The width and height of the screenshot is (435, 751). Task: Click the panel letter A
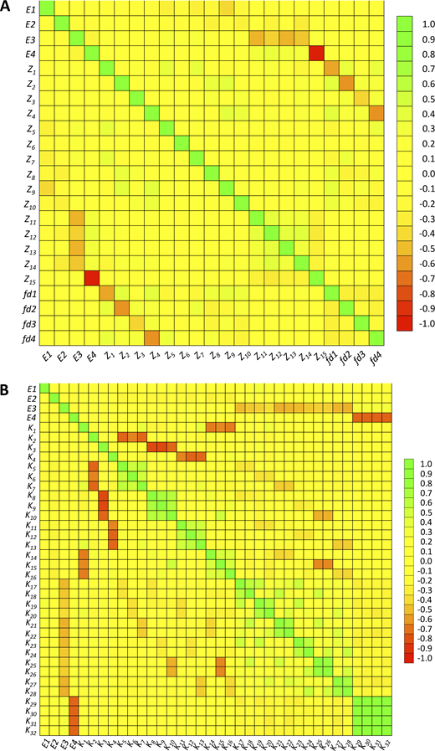click(x=8, y=8)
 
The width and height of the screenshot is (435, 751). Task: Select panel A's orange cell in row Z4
click(x=376, y=114)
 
